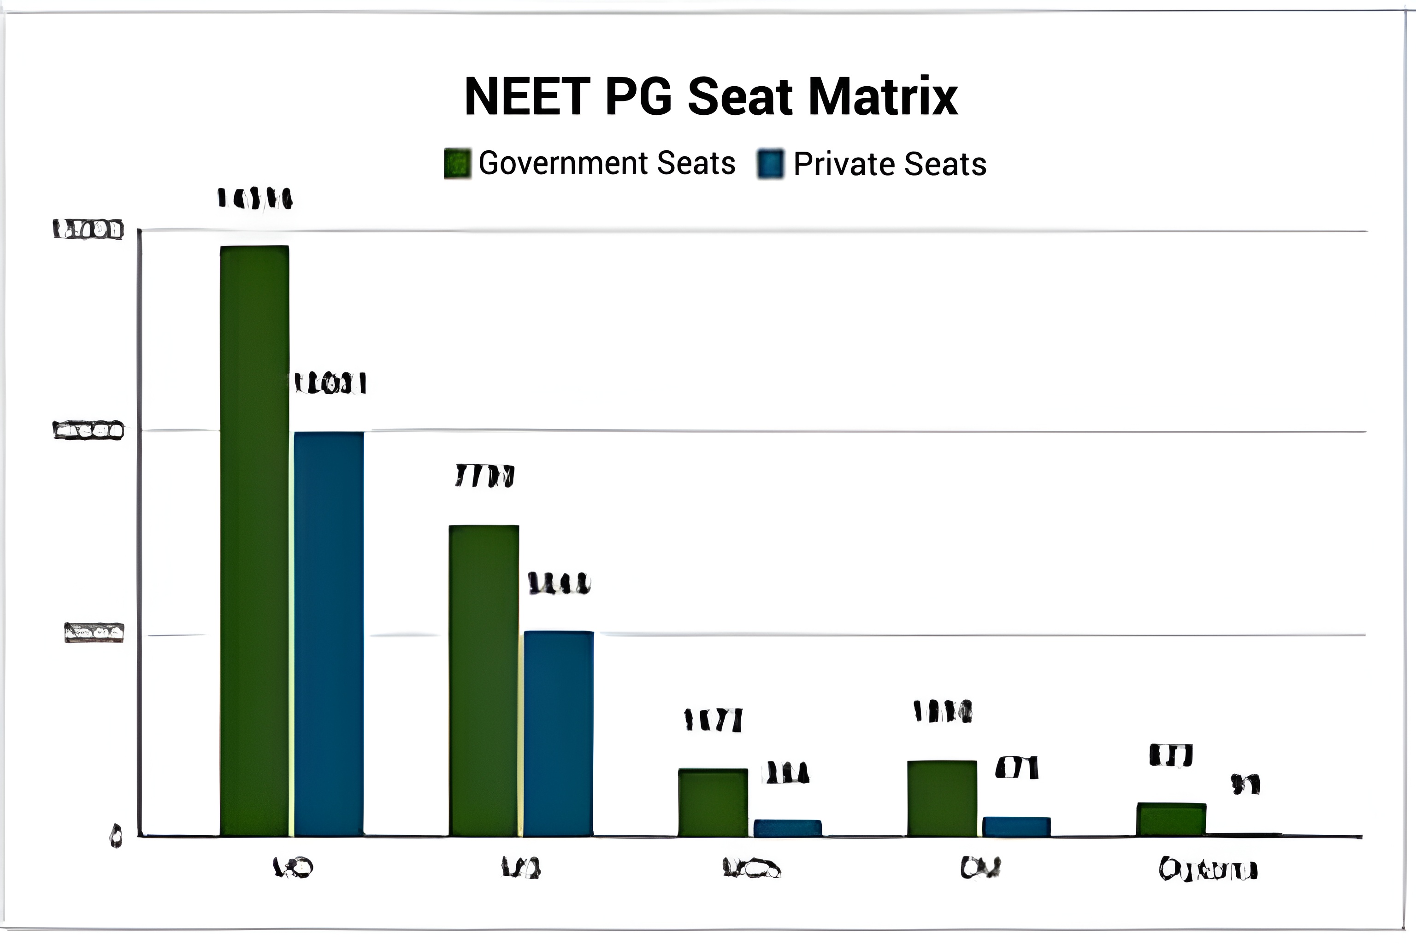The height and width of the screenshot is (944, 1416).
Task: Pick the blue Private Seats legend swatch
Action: tap(771, 164)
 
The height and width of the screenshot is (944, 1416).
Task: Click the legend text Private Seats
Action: tap(890, 164)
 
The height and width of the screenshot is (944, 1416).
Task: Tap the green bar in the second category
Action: tap(484, 680)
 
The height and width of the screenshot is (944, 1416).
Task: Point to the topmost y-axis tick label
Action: tap(88, 230)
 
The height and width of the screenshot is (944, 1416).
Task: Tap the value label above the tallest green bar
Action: tap(254, 198)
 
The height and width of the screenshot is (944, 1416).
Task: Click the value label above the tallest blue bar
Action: tap(330, 383)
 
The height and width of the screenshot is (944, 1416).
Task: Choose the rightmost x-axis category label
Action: tap(1208, 869)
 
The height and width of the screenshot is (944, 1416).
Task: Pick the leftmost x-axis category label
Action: tap(293, 867)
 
